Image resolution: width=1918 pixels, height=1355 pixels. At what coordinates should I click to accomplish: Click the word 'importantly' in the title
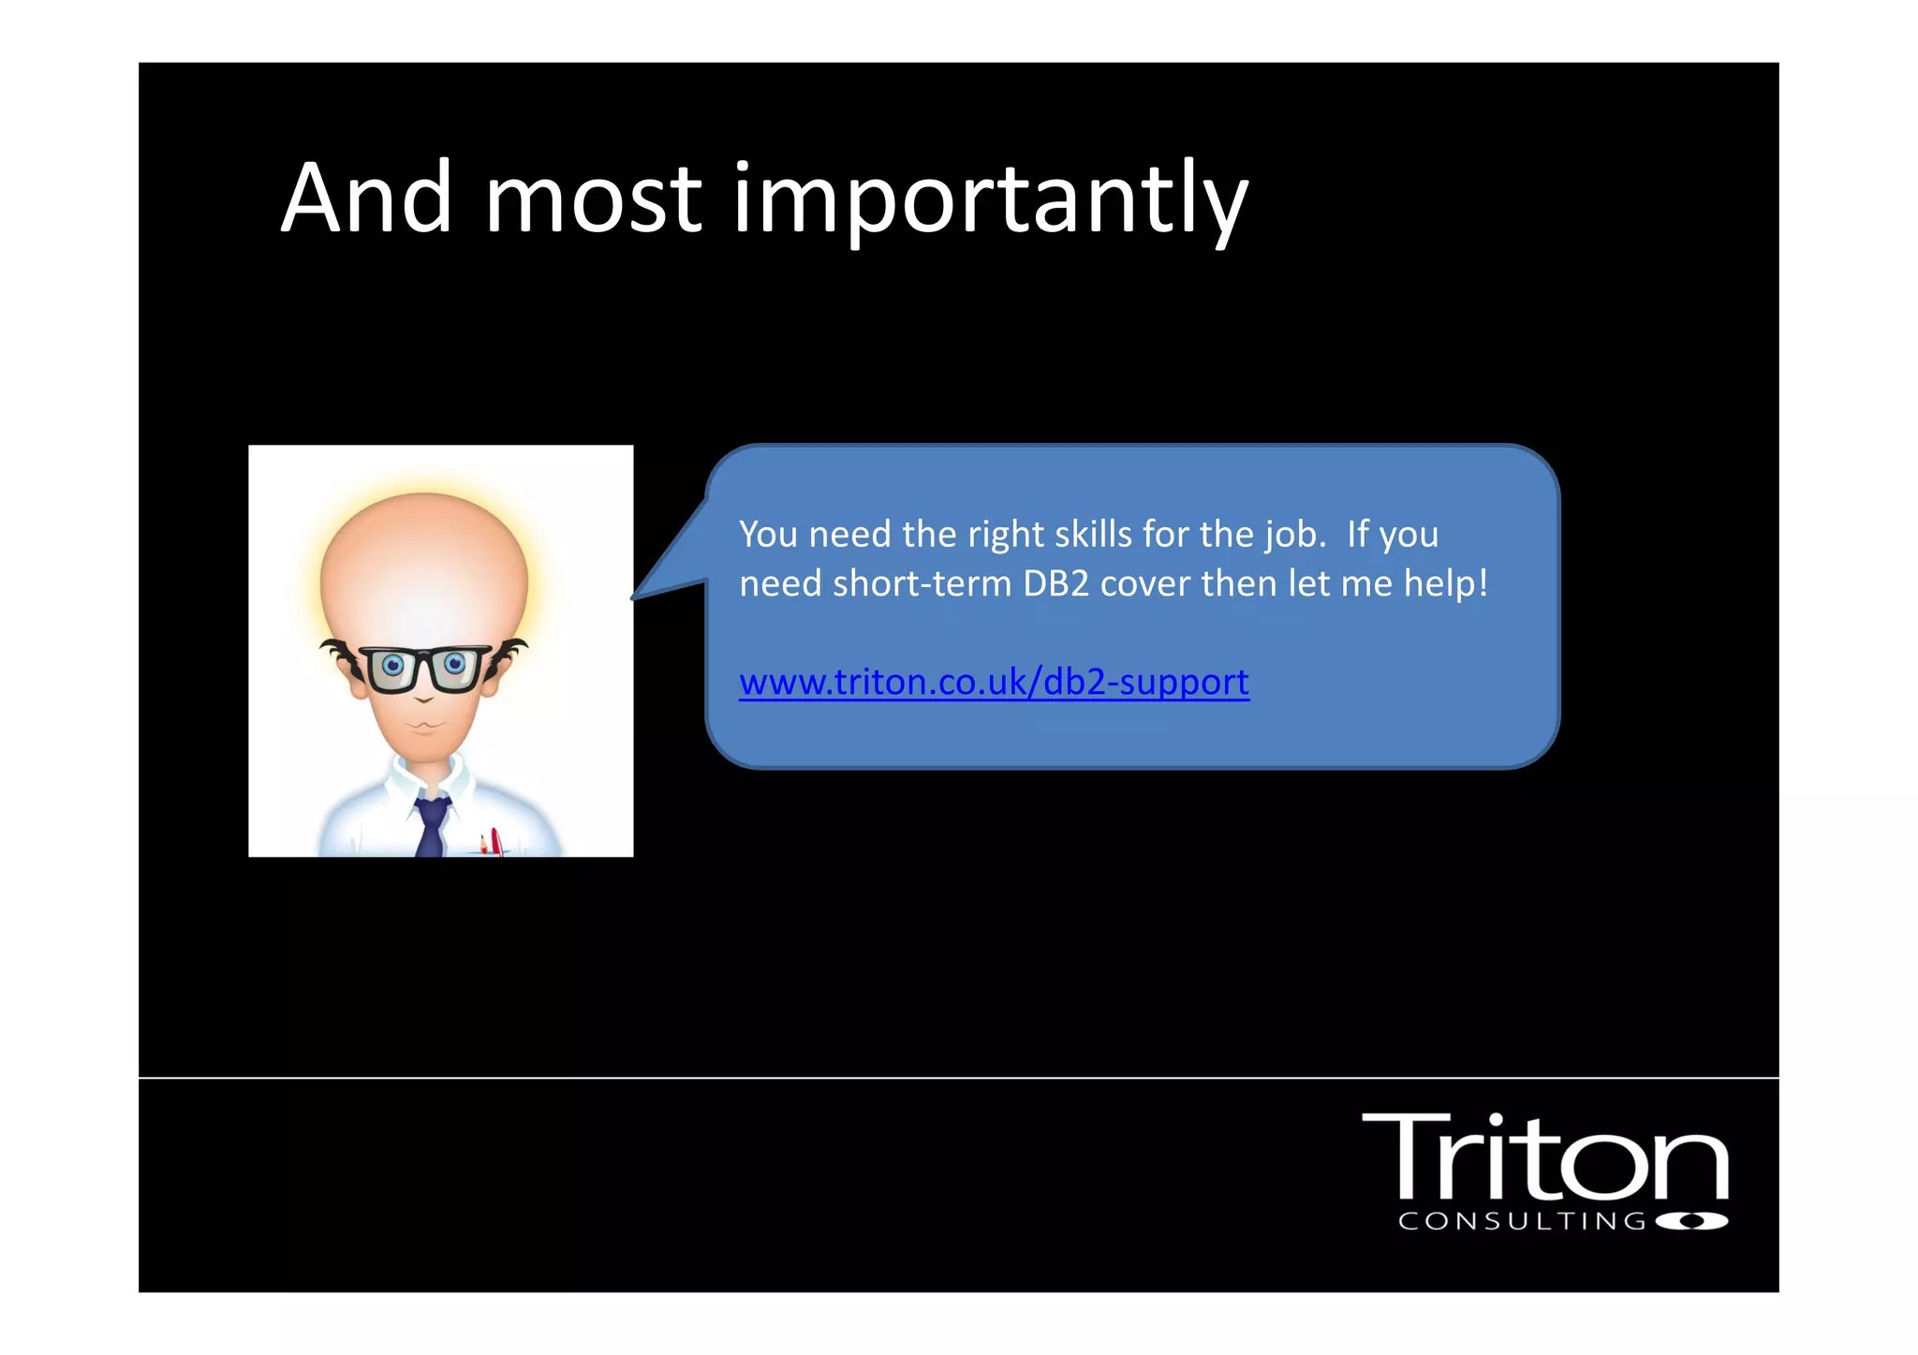click(990, 199)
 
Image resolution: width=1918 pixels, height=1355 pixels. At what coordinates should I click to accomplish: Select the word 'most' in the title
click(593, 199)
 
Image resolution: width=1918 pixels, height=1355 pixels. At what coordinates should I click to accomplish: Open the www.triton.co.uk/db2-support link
click(994, 682)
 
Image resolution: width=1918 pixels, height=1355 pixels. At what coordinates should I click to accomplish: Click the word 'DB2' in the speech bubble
click(1055, 583)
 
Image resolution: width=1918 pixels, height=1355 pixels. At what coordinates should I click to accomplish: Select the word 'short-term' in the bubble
click(922, 583)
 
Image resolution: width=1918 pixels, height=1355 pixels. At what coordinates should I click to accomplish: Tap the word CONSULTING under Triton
click(1522, 1221)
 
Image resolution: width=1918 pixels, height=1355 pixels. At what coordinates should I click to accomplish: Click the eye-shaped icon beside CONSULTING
click(1691, 1221)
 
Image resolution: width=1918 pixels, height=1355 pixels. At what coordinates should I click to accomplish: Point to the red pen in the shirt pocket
click(495, 841)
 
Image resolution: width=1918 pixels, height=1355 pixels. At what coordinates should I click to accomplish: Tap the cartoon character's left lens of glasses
click(392, 667)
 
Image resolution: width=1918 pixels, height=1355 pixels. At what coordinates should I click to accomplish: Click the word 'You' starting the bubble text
click(768, 534)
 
